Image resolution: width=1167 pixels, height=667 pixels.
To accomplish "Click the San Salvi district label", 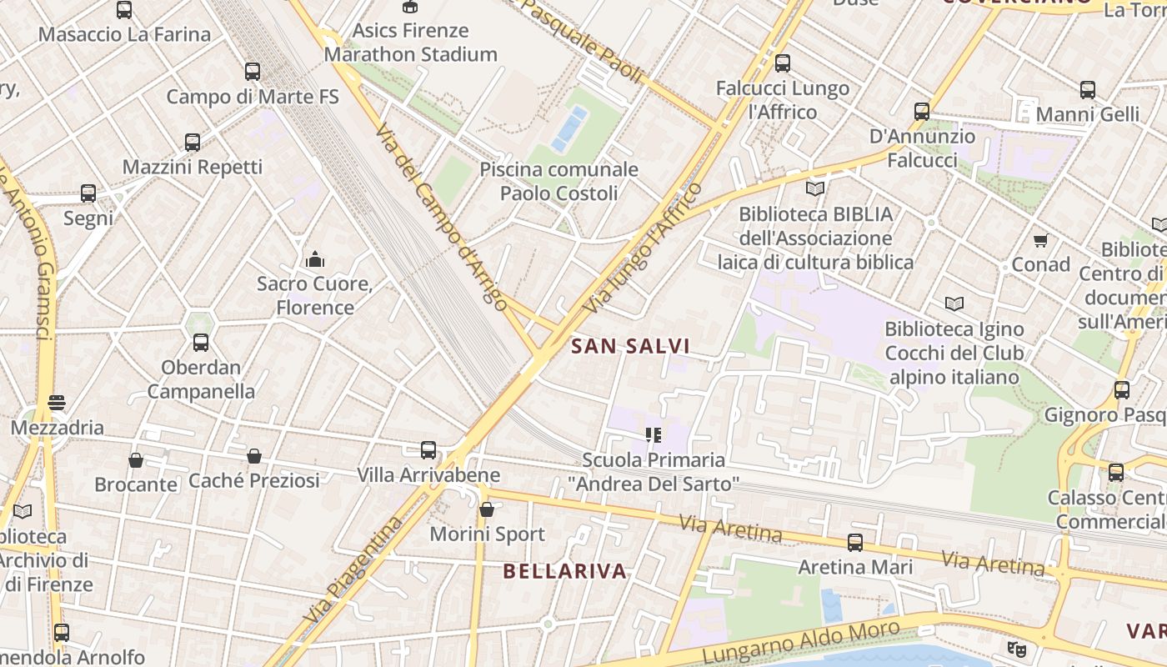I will tap(631, 346).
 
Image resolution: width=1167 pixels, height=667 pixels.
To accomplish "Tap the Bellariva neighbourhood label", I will tap(565, 571).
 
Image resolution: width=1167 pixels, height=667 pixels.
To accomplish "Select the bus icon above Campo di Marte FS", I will tap(253, 72).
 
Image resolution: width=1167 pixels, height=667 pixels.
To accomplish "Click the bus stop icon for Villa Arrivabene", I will tap(428, 450).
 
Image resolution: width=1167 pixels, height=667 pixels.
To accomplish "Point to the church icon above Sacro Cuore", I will tap(314, 259).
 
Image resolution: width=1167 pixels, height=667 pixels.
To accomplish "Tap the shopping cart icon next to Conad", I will tap(1040, 241).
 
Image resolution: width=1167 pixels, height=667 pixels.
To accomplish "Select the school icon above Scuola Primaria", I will tap(653, 435).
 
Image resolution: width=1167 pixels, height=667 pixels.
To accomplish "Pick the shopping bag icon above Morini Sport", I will tap(487, 509).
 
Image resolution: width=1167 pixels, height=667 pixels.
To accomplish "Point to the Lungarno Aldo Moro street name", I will tap(801, 643).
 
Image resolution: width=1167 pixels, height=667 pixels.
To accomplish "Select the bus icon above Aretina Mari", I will tap(854, 543).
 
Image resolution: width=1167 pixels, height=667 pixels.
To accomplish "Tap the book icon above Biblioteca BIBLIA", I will tap(814, 189).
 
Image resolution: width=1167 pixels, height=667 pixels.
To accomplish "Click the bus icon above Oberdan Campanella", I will tap(201, 343).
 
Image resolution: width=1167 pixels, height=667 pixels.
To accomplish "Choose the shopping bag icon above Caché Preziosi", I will tap(254, 456).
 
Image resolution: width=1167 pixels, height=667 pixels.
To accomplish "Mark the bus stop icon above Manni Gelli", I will tap(1088, 90).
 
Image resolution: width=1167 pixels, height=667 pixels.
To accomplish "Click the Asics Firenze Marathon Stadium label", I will tap(410, 43).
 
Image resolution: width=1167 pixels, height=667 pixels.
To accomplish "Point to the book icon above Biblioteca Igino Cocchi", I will tap(954, 304).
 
